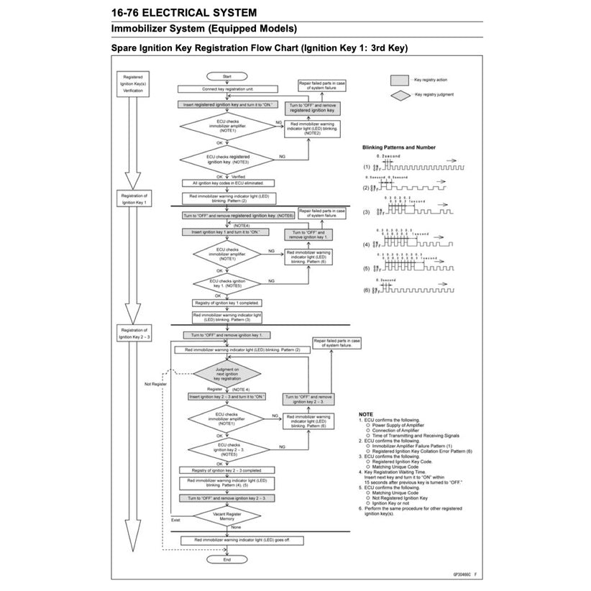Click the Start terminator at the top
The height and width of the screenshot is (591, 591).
pyautogui.click(x=226, y=75)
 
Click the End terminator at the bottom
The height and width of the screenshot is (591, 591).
pyautogui.click(x=226, y=559)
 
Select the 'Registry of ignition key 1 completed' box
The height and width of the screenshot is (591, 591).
pyautogui.click(x=226, y=303)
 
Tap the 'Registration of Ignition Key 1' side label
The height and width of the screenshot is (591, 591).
pyautogui.click(x=134, y=198)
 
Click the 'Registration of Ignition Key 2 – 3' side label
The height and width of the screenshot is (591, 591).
pyautogui.click(x=134, y=333)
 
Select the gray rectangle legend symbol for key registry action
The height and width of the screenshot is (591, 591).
pyautogui.click(x=399, y=81)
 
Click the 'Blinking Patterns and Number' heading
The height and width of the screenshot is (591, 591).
pyautogui.click(x=403, y=147)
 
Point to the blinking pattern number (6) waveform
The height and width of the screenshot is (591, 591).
pyautogui.click(x=410, y=290)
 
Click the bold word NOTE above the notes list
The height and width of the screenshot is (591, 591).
pyautogui.click(x=365, y=415)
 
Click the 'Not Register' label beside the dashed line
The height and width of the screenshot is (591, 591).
pyautogui.click(x=155, y=384)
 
